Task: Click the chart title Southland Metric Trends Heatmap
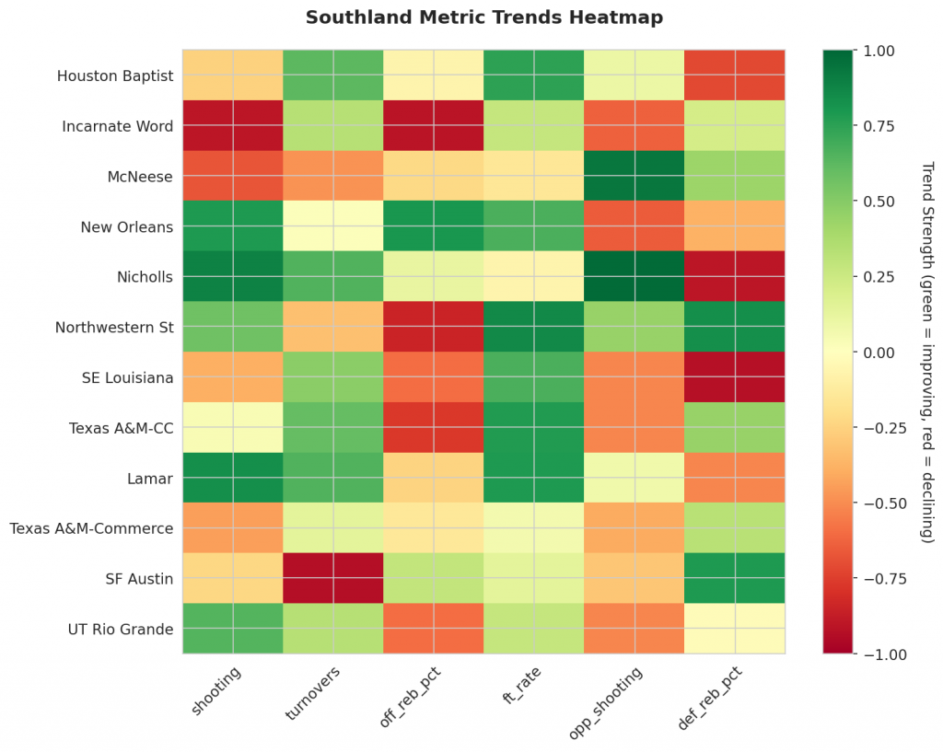[x=483, y=17]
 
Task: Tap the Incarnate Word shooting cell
[x=233, y=126]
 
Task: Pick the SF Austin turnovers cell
[x=333, y=578]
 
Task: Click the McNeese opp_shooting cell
[x=634, y=176]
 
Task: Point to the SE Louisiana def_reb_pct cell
[x=735, y=377]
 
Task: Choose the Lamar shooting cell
[x=233, y=478]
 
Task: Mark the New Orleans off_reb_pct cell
[x=434, y=226]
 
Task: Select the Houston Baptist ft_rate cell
[x=534, y=75]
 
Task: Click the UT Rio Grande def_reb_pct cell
[x=735, y=629]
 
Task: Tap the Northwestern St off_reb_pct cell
[x=434, y=327]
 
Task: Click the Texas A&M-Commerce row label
[x=91, y=528]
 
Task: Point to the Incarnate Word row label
[x=117, y=126]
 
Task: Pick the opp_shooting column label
[x=608, y=700]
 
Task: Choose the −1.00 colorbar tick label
[x=883, y=654]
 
